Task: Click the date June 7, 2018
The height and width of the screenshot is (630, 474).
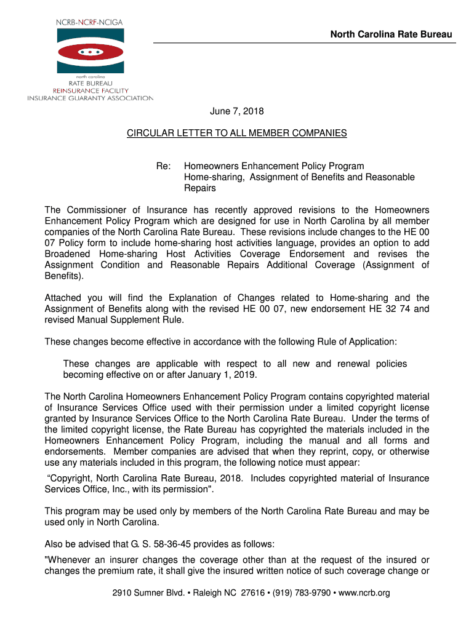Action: click(237, 112)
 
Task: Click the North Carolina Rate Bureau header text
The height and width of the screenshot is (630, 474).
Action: click(391, 34)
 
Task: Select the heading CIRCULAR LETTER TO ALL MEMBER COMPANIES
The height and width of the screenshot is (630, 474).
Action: click(237, 133)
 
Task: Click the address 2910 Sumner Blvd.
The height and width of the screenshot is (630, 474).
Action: click(142, 593)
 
